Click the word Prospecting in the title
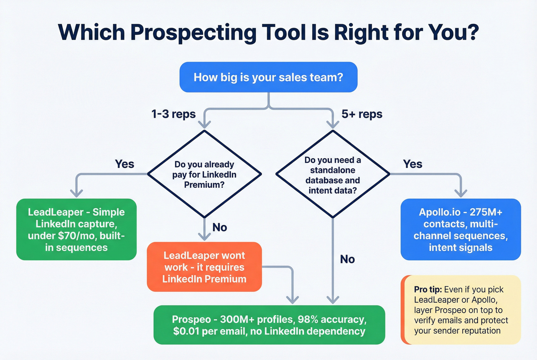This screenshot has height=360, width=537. click(x=193, y=33)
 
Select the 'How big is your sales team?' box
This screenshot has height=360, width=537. click(x=268, y=77)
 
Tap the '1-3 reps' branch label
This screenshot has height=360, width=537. click(x=173, y=114)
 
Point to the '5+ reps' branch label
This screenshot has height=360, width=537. click(x=362, y=114)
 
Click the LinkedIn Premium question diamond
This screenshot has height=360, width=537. click(x=204, y=174)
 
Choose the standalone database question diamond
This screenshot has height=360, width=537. click(x=333, y=174)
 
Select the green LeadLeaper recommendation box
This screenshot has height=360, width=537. click(x=76, y=229)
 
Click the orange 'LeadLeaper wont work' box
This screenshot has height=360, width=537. click(x=204, y=267)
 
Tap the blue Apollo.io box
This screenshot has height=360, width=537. click(x=461, y=229)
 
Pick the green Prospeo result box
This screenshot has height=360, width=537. click(x=269, y=325)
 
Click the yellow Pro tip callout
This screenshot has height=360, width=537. click(x=461, y=310)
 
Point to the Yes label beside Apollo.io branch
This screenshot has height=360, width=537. click(x=412, y=164)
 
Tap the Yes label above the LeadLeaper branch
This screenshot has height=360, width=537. click(x=125, y=164)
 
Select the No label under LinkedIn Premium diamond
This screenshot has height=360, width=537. click(x=220, y=227)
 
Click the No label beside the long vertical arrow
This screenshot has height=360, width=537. click(x=348, y=259)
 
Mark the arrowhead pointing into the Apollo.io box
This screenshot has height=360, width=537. click(x=461, y=193)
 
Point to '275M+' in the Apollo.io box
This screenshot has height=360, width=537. click(x=486, y=212)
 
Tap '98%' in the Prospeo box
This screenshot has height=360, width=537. click(x=308, y=319)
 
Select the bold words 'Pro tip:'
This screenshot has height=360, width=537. click(x=428, y=289)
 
